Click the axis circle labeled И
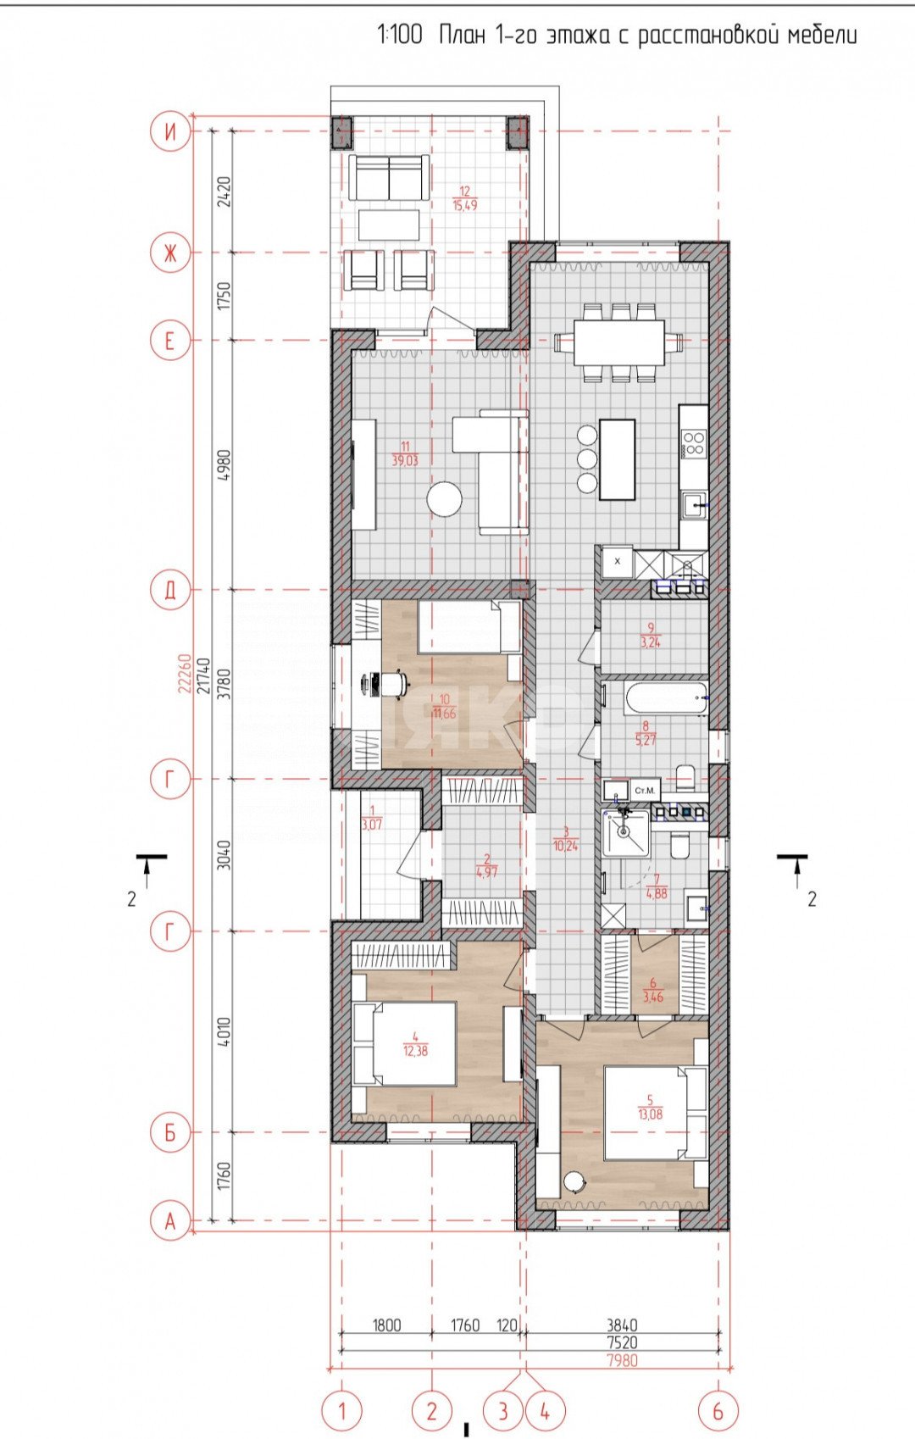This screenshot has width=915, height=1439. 170,131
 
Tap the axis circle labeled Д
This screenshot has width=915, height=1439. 170,590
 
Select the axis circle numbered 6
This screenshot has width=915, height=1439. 718,1411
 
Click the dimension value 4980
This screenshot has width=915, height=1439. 225,464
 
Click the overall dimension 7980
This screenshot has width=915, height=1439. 622,1360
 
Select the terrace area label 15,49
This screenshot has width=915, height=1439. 463,205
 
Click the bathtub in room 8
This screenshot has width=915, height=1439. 665,701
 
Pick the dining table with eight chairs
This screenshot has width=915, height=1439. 619,342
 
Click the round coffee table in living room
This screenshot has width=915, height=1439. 445,498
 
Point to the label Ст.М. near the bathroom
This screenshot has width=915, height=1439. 646,791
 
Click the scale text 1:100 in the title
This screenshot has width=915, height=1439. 399,36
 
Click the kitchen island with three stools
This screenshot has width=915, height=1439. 618,459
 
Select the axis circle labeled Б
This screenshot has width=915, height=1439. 170,1132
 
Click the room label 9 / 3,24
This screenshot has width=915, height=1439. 651,636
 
